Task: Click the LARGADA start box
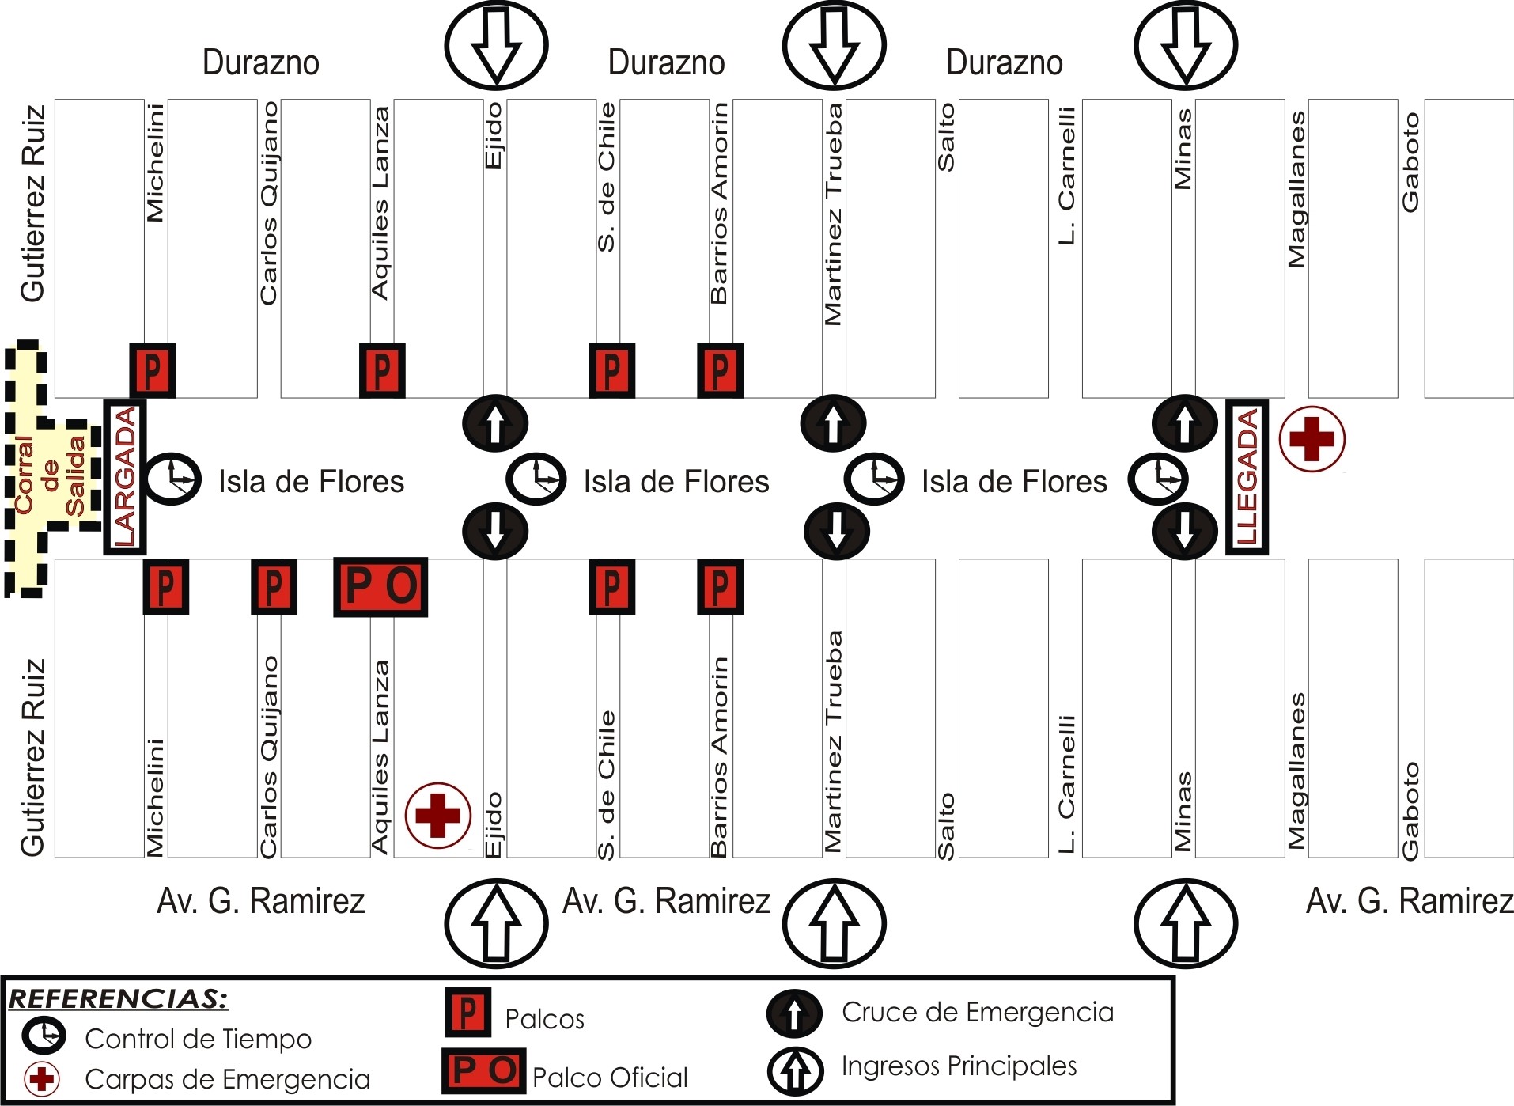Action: click(x=125, y=477)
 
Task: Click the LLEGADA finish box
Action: click(x=1247, y=477)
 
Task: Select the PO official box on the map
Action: click(x=380, y=587)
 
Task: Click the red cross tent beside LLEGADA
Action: click(x=1312, y=439)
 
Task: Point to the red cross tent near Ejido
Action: click(x=437, y=815)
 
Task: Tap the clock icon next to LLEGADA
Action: click(x=1157, y=479)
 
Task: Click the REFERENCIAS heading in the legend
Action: click(x=118, y=998)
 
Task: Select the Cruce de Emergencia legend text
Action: click(x=977, y=1012)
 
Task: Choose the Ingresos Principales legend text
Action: click(x=959, y=1066)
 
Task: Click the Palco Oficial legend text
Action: click(x=609, y=1077)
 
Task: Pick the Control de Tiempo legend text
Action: click(x=198, y=1039)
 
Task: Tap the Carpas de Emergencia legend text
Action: click(x=227, y=1079)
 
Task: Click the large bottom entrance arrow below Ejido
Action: click(x=496, y=923)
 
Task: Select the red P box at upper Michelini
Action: click(x=153, y=370)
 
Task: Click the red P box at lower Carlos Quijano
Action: click(x=274, y=587)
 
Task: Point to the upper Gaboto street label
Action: click(x=1410, y=162)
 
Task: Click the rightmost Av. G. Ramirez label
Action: click(x=1409, y=901)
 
